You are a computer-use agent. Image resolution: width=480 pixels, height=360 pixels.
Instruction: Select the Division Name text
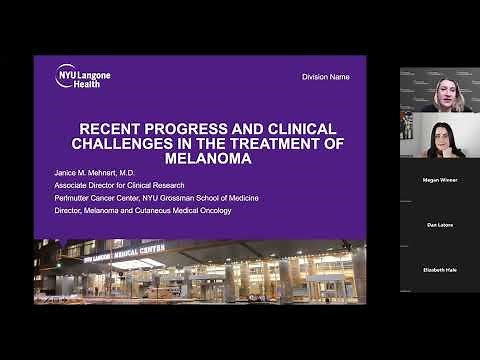[x=325, y=77]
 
